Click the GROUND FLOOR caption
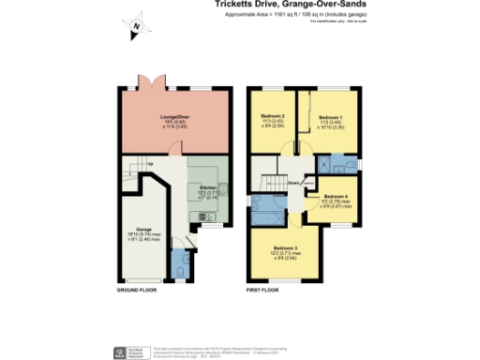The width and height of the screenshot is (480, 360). coord(135,292)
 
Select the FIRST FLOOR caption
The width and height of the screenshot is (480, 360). coord(265,292)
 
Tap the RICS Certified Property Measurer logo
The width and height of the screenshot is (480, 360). coord(121,351)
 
